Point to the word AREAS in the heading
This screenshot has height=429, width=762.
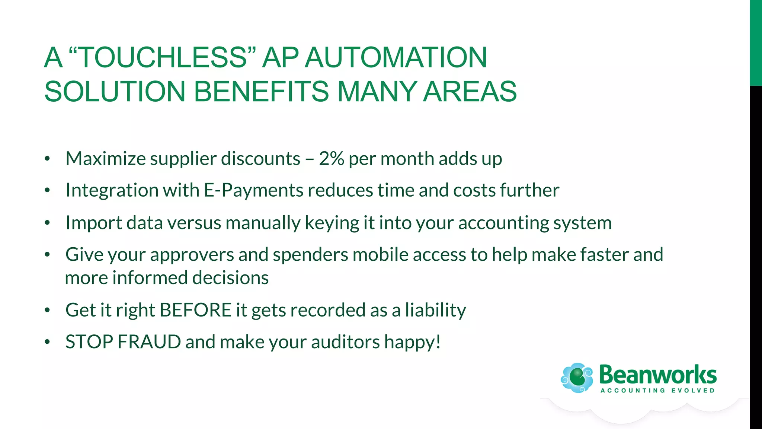[470, 92]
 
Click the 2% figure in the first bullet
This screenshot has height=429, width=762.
[331, 159]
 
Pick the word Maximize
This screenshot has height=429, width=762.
[106, 159]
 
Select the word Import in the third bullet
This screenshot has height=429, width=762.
[93, 223]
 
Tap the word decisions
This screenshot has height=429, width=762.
[230, 278]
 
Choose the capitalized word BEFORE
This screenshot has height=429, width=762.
[196, 310]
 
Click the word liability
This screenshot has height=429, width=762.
[435, 311]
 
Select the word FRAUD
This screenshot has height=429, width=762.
[149, 342]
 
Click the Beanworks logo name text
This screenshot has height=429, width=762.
[658, 375]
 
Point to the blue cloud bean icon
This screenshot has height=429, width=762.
[577, 378]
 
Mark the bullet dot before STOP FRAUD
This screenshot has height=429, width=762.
[47, 342]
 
